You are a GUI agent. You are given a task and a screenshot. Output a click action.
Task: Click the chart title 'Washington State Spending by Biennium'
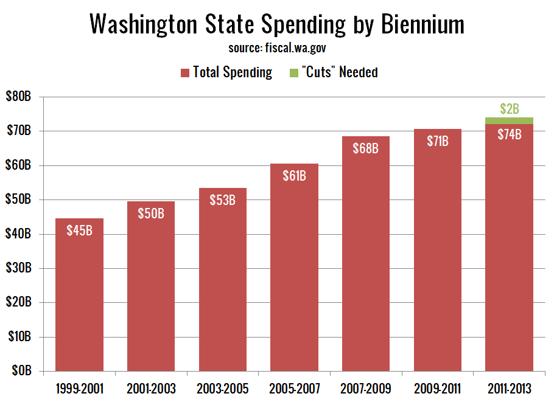coord(277,24)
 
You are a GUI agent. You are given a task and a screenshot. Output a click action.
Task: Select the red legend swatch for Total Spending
coord(185,73)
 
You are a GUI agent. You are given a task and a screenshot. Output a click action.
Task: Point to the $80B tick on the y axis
coord(21,97)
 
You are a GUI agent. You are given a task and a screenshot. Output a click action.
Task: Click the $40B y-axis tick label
coord(21,234)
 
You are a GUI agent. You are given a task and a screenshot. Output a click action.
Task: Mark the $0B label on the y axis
coord(23,371)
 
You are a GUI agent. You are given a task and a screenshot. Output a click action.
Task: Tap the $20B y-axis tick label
coord(21,303)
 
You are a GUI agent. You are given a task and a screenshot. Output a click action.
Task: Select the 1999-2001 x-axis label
coord(79,388)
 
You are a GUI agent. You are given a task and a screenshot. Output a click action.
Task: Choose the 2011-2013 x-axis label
coord(509,388)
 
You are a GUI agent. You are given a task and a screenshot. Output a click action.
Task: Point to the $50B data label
coord(151,214)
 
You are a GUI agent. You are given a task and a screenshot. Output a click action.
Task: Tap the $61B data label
coord(294,176)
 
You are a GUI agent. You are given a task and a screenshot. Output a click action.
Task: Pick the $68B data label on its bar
coord(366,148)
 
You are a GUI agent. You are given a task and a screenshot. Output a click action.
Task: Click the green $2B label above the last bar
coord(509,109)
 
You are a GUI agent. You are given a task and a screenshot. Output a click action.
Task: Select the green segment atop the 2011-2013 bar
coord(509,120)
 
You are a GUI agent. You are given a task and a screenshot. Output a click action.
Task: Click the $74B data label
coord(509,135)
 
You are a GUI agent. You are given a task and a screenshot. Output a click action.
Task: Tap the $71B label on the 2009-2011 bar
coord(437,142)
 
